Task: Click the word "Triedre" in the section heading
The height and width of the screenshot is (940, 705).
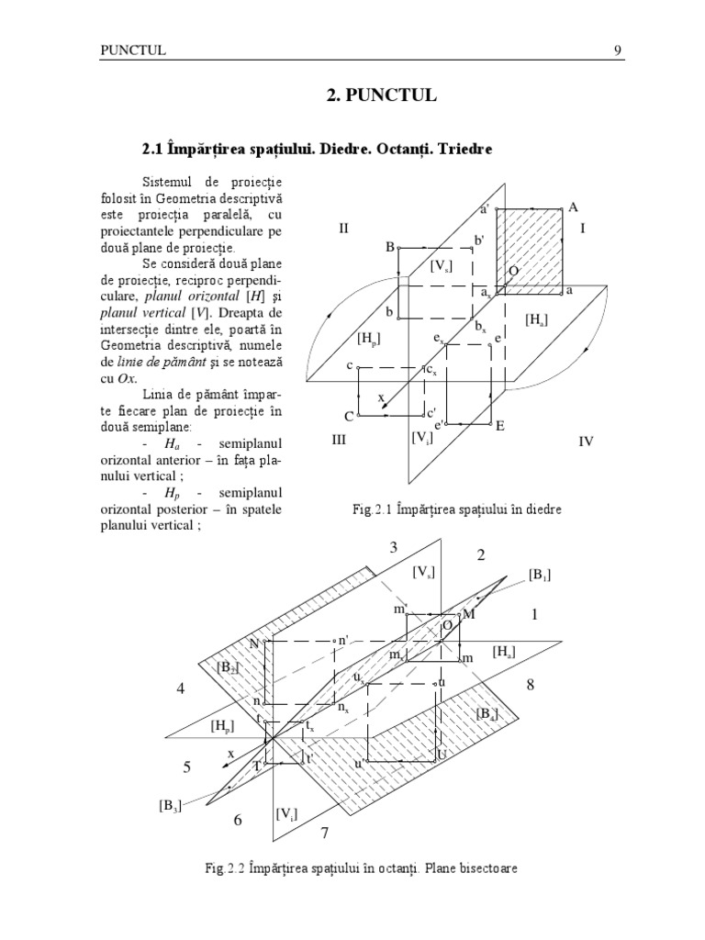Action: point(464,147)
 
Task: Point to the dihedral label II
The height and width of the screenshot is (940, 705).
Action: point(344,229)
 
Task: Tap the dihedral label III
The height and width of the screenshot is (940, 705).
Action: point(339,441)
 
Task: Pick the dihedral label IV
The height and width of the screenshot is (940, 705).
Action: point(586,442)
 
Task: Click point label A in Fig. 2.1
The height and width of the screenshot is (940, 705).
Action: point(574,207)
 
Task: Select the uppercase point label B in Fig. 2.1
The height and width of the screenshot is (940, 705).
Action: point(390,247)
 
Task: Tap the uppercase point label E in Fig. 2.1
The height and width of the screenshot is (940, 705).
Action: point(500,426)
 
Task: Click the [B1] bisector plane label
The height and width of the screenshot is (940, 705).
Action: point(539,575)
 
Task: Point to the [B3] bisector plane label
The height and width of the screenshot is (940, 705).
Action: point(168,807)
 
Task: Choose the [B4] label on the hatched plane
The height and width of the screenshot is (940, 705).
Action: point(487,714)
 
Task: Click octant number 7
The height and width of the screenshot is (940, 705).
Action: point(322,833)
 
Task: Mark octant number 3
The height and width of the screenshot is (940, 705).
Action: point(393,548)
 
